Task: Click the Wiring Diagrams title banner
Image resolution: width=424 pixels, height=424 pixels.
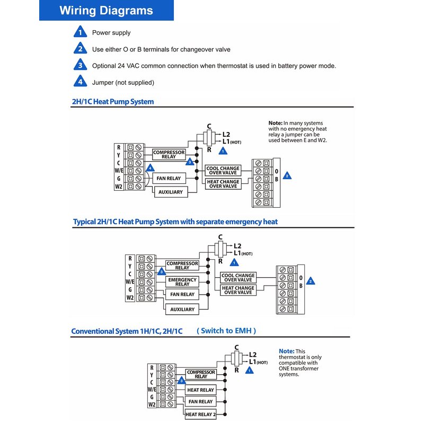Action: [106, 11]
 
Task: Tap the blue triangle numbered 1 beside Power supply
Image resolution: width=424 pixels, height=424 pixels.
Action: [80, 32]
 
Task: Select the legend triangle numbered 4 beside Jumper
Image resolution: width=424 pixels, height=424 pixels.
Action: [80, 82]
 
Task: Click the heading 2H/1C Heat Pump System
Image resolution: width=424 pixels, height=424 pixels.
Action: [113, 101]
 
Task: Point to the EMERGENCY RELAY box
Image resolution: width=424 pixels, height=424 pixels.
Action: [182, 281]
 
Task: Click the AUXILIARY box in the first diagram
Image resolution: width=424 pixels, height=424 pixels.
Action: [170, 192]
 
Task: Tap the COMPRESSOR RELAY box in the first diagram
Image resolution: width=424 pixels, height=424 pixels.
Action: [169, 154]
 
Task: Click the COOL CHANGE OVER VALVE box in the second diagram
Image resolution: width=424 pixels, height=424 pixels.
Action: [237, 278]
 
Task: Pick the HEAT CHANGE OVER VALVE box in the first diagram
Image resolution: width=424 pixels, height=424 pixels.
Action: [223, 183]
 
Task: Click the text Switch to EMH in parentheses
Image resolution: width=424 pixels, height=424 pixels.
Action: [226, 330]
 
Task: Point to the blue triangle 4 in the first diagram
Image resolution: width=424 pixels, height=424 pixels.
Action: [151, 167]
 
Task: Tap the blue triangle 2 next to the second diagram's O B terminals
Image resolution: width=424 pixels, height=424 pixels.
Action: [311, 281]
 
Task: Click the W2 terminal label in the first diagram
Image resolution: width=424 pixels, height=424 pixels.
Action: [118, 186]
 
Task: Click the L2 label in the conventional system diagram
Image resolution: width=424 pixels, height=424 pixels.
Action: [253, 355]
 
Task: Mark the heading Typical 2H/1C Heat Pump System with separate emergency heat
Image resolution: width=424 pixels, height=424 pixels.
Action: [175, 222]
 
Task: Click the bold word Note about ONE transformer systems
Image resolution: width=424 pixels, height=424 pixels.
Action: [286, 351]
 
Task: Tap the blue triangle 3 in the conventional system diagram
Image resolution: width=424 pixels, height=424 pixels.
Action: [181, 381]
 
